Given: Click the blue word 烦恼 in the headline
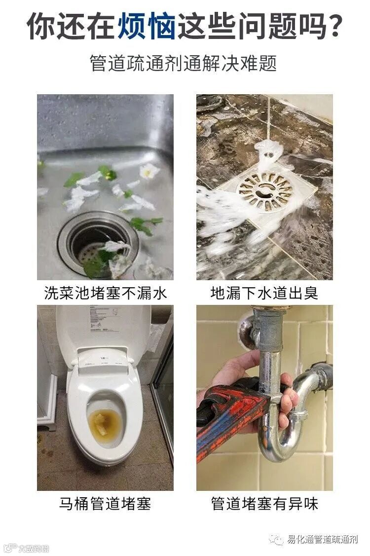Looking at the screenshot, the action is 147,26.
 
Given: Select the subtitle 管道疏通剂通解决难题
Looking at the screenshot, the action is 183,63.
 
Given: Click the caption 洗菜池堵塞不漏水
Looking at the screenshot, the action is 105,293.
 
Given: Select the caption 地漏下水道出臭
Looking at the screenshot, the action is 264,293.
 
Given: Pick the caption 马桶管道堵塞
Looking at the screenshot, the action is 105,504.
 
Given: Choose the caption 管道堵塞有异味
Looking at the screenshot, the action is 264,504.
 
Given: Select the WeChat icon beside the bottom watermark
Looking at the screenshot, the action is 276,539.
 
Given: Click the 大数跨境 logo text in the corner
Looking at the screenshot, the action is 34,548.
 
